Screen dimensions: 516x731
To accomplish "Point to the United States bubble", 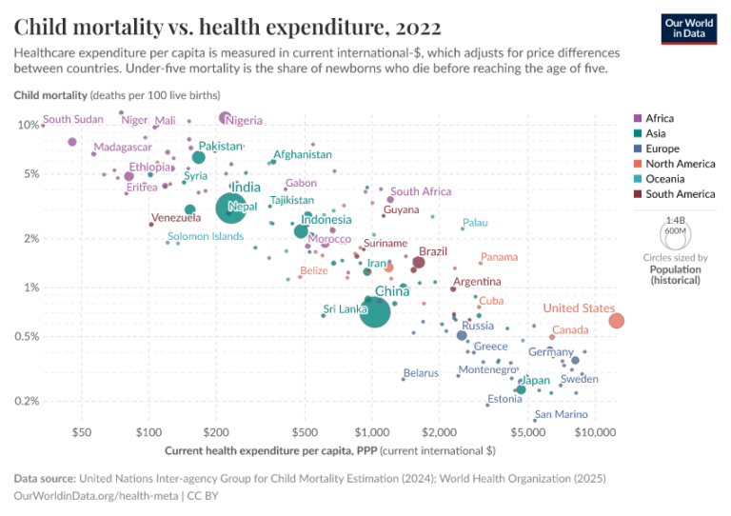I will [x=616, y=321].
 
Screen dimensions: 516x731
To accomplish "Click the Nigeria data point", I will [x=225, y=118].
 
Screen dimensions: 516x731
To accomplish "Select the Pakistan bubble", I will [x=198, y=157].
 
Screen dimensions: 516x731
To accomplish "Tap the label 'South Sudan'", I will [x=73, y=120].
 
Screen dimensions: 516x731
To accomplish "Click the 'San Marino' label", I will [x=561, y=414].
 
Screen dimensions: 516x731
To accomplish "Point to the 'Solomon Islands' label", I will [x=206, y=236].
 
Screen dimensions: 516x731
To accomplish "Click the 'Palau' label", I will [x=475, y=223].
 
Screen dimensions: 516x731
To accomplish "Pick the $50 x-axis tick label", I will [x=81, y=432].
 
